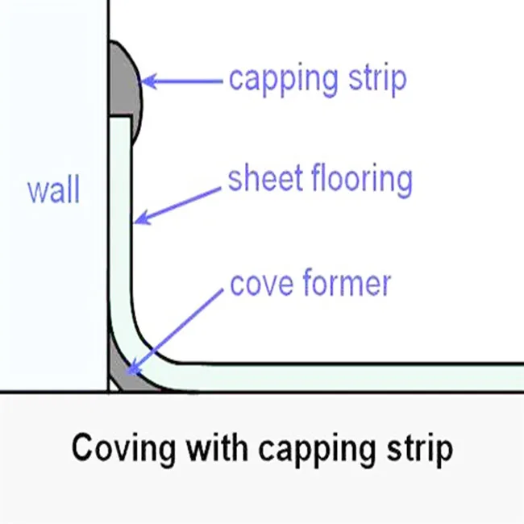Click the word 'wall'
[53, 191]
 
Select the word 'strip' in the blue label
[379, 79]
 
